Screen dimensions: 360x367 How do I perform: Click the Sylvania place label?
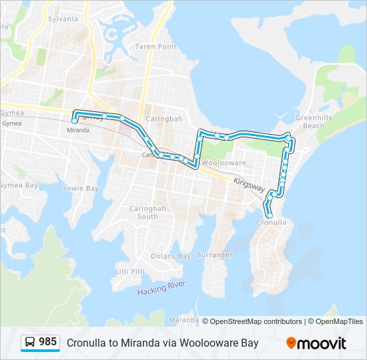point(63,19)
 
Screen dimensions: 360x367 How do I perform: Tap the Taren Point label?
point(155,47)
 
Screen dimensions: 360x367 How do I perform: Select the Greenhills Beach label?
point(309,121)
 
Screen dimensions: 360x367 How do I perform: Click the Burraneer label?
point(214,255)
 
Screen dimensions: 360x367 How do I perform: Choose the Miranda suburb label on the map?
point(78,130)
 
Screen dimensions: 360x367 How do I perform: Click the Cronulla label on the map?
point(272,223)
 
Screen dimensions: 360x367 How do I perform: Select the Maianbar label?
point(184,320)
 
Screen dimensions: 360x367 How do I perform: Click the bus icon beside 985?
point(30,343)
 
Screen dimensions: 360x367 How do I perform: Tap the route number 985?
point(47,342)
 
